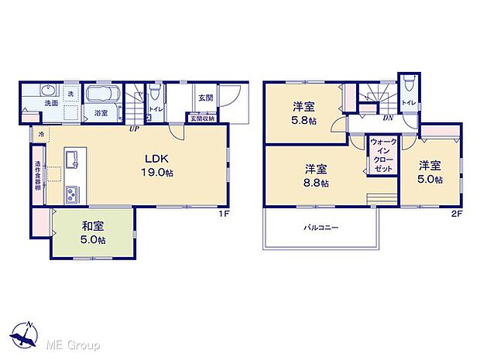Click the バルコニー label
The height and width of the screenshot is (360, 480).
pos(320,228)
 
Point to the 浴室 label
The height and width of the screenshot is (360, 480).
pos(101,113)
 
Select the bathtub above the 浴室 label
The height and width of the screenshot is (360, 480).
pos(101,96)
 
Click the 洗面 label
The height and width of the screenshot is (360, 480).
pos(50,104)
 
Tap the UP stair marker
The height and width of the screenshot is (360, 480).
pos(134,129)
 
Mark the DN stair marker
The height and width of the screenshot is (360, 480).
pos(387,118)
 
